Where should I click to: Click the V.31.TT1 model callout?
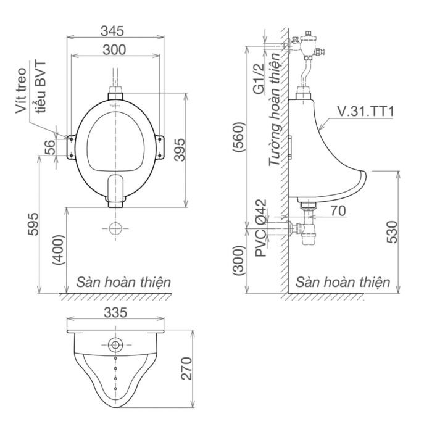365,111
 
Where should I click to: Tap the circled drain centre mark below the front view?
115,228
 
